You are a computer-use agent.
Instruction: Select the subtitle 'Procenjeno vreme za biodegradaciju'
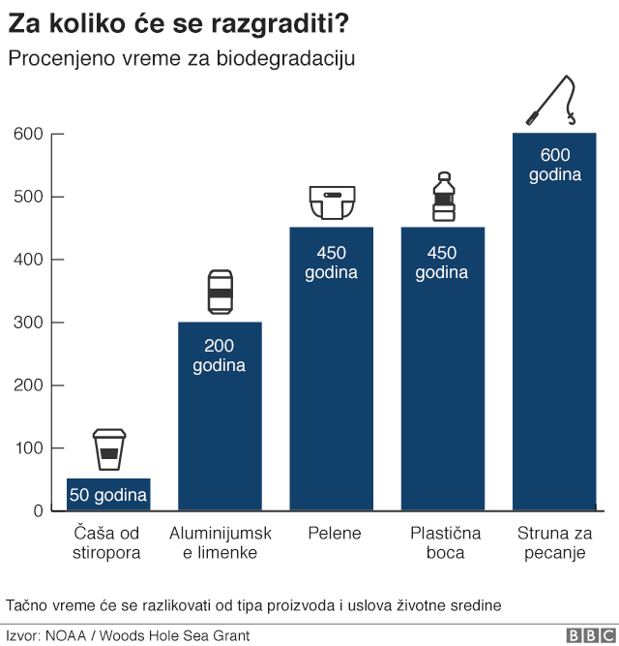point(182,58)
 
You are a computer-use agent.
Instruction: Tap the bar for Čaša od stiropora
point(108,494)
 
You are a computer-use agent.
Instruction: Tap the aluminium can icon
point(221,292)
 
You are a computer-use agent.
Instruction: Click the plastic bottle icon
point(443,198)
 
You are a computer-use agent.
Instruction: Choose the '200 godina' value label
point(220,355)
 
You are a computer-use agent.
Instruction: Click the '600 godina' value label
point(554,165)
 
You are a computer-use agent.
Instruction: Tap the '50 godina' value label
point(108,496)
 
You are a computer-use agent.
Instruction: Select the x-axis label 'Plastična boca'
point(442,543)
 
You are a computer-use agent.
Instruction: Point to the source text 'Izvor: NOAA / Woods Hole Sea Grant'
point(128,635)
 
